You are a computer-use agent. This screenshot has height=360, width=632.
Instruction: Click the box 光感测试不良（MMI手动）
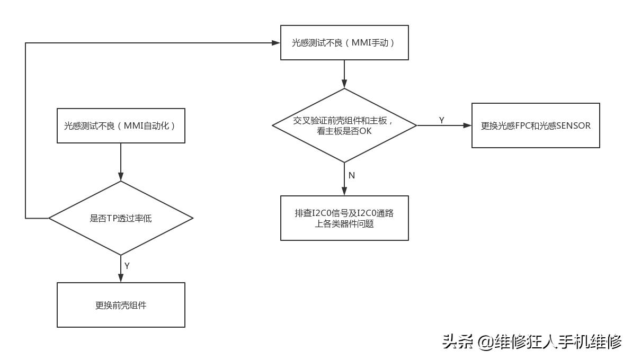[x=344, y=42]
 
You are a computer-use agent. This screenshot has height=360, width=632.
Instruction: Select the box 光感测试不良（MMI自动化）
[x=121, y=125]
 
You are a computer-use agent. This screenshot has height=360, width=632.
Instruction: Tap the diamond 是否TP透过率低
[x=121, y=218]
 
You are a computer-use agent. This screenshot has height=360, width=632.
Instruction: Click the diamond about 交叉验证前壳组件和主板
[x=344, y=125]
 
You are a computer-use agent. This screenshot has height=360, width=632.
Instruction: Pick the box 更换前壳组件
[x=121, y=305]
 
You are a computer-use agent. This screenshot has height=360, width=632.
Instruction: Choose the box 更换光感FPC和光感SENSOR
[x=536, y=125]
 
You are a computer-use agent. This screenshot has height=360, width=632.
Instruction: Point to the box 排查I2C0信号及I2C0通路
[x=344, y=218]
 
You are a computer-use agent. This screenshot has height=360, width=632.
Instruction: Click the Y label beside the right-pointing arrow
[x=442, y=120]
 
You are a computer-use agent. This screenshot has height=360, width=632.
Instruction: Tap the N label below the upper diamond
[x=352, y=175]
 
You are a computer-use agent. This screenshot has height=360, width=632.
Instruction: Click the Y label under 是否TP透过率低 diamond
[x=127, y=266]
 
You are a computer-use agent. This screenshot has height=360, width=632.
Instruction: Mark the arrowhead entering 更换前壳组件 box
[x=121, y=278]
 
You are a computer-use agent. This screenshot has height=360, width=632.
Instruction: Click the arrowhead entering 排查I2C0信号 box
[x=344, y=192]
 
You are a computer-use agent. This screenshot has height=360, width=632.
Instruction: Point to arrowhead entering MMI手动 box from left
[x=276, y=42]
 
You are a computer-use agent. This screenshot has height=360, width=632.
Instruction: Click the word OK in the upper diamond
[x=366, y=131]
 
